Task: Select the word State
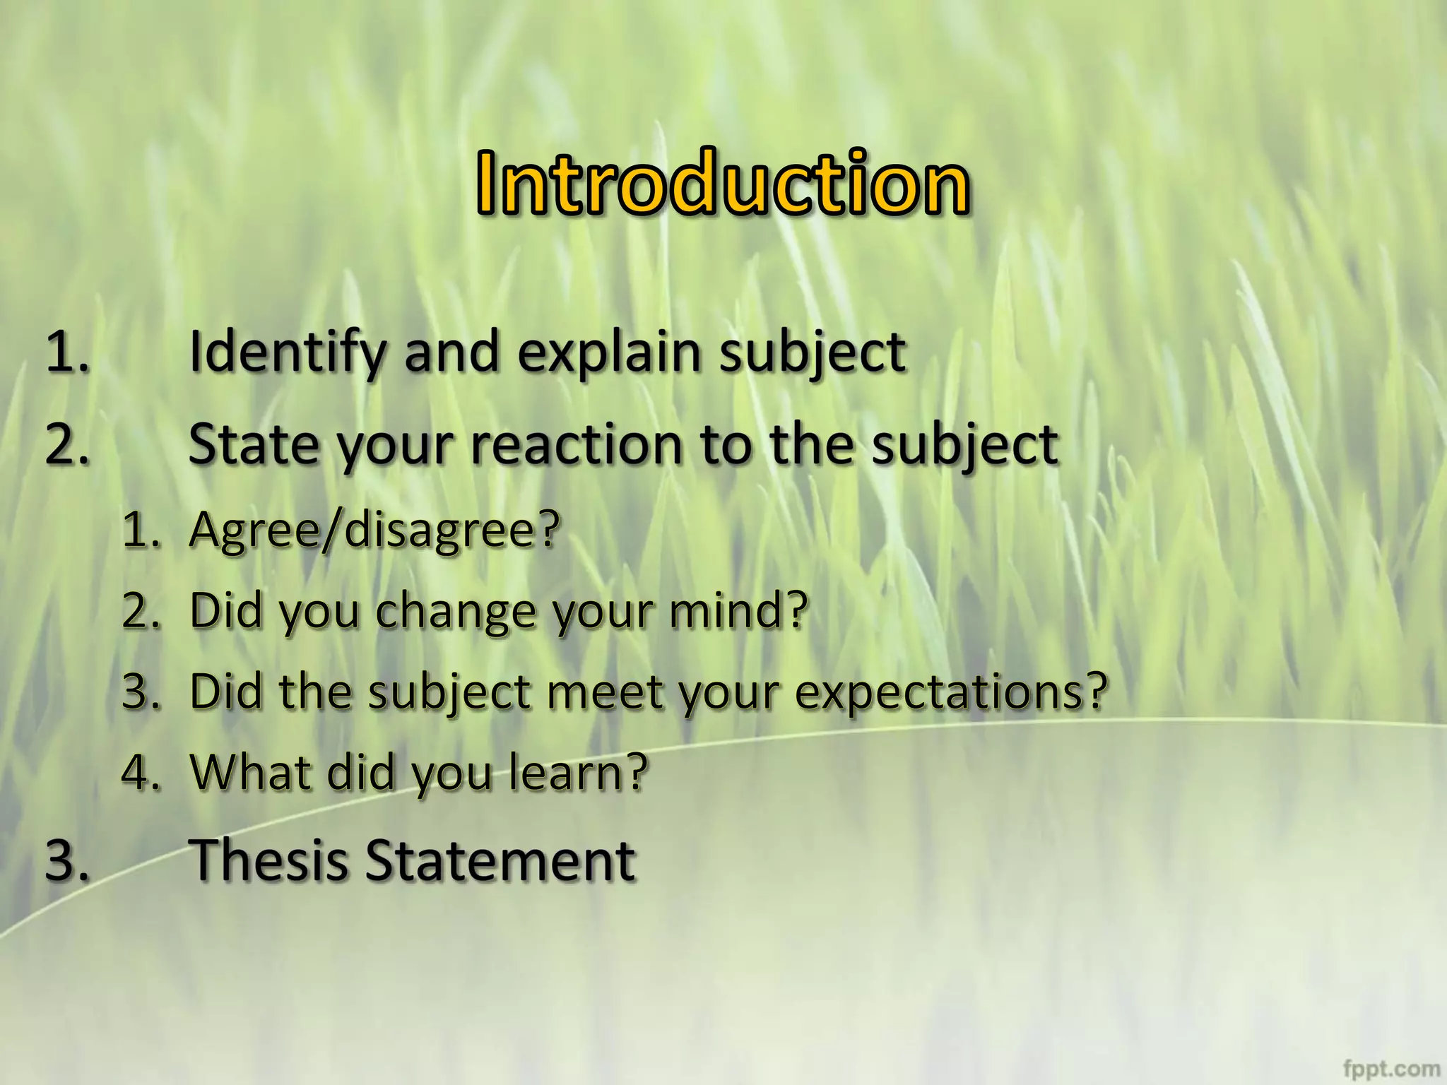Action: (254, 445)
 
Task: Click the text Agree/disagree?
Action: (374, 530)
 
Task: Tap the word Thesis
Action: (271, 860)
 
